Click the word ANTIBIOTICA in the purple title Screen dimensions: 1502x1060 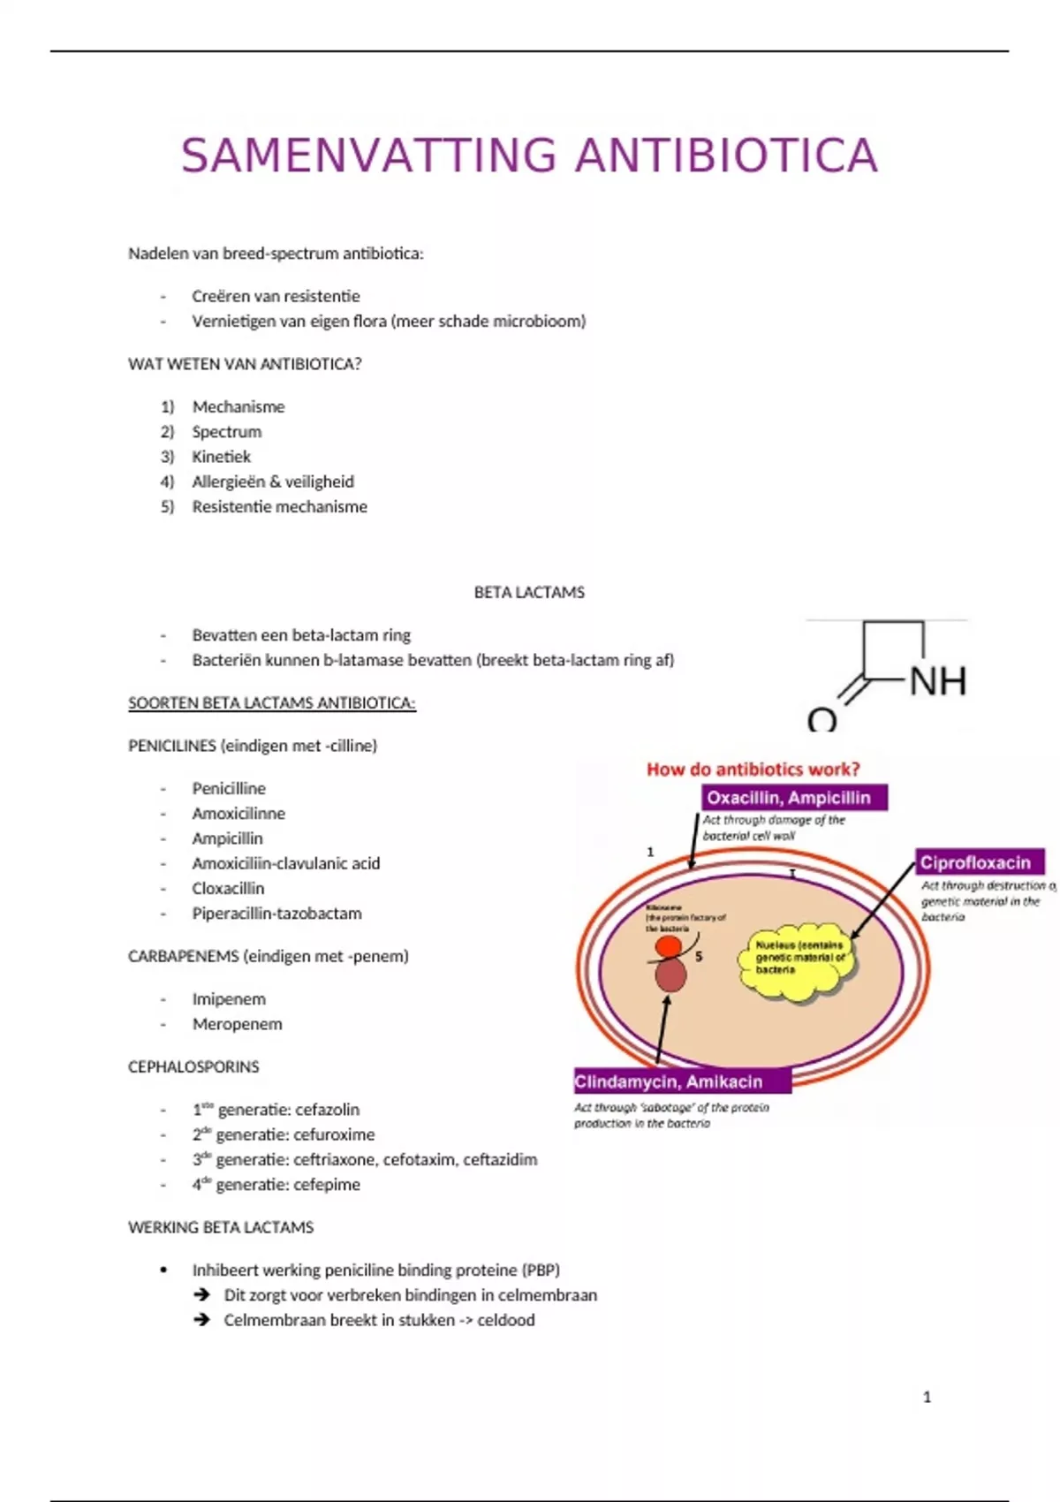click(726, 156)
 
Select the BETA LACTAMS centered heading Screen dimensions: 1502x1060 click(529, 592)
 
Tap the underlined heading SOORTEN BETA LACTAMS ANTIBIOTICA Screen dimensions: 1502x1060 click(271, 703)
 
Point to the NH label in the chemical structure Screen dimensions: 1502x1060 click(937, 681)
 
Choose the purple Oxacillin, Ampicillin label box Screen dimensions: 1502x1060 click(794, 798)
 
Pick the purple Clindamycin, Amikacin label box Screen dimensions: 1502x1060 click(681, 1081)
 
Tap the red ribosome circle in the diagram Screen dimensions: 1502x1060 click(668, 947)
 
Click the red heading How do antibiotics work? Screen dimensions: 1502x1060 click(753, 770)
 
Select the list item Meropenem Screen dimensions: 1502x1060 click(237, 1024)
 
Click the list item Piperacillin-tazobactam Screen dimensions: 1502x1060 click(276, 914)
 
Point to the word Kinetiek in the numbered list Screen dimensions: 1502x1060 click(221, 457)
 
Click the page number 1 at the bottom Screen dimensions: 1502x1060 click(927, 1397)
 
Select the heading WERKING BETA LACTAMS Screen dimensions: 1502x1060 click(221, 1227)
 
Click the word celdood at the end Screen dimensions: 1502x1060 click(505, 1320)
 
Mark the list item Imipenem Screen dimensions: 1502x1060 click(229, 999)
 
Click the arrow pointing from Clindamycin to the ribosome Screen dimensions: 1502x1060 click(662, 1029)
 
